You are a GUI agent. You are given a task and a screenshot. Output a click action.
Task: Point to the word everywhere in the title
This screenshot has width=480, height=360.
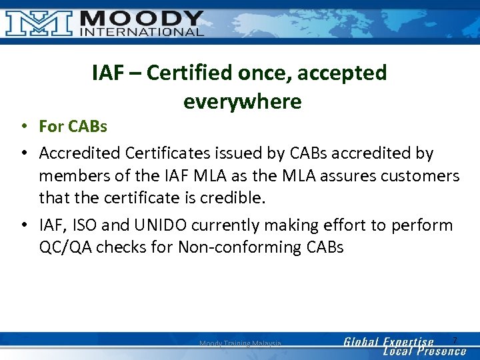[242, 101]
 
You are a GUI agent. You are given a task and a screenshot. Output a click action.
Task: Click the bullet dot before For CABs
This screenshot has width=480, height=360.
[23, 126]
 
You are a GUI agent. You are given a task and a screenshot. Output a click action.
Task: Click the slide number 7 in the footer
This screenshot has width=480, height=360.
[455, 340]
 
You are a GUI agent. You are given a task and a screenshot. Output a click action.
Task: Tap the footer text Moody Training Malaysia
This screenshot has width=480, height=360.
[240, 343]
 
